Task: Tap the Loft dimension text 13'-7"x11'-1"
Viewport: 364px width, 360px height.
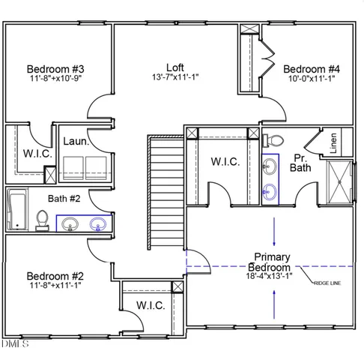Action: pos(175,77)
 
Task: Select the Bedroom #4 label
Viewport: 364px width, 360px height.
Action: pos(312,67)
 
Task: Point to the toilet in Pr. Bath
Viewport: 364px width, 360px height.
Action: pos(273,140)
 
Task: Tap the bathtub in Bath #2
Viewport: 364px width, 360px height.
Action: pos(17,210)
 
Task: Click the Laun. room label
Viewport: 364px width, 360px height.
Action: pos(76,141)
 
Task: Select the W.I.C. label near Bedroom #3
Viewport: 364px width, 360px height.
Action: pos(26,154)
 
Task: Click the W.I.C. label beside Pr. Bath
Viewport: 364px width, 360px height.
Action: pos(225,162)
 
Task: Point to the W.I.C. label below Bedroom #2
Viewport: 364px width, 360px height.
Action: pos(151,305)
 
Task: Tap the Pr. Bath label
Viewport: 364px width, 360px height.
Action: pos(300,162)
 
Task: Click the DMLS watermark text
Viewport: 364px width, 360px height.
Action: pos(15,343)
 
